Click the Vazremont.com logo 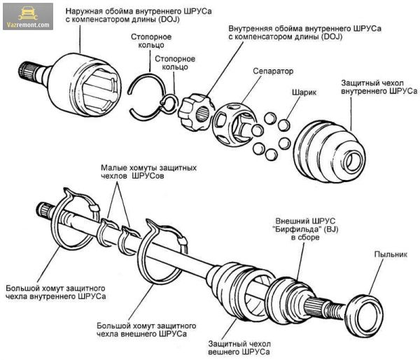pyautogui.click(x=28, y=17)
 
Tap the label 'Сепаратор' pyautogui.click(x=273, y=71)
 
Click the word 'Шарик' pyautogui.click(x=304, y=92)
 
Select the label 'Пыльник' pyautogui.click(x=391, y=254)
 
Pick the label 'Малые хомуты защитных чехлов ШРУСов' pyautogui.click(x=148, y=172)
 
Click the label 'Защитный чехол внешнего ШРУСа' pyautogui.click(x=239, y=347)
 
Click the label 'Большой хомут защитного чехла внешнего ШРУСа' pyautogui.click(x=146, y=330)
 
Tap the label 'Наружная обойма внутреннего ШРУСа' pyautogui.click(x=139, y=11)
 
